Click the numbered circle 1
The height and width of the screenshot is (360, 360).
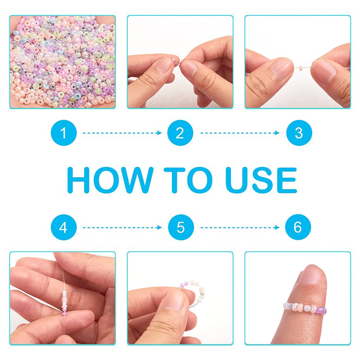(64, 133)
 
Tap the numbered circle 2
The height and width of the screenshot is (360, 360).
(180, 133)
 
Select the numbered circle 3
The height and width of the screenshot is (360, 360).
(299, 133)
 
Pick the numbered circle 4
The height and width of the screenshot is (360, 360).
(64, 227)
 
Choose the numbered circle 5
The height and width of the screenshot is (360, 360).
(181, 227)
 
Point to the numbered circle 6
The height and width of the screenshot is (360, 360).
(298, 227)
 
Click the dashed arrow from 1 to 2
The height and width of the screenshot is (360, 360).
(122, 133)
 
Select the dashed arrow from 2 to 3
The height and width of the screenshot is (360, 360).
(240, 133)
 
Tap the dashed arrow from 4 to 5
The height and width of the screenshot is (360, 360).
(122, 228)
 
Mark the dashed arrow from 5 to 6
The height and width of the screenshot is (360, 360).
(240, 228)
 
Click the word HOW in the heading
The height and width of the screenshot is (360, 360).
(110, 180)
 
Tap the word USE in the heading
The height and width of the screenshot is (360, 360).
(261, 180)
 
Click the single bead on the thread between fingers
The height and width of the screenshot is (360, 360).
(301, 68)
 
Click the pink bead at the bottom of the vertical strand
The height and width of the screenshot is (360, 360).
(64, 313)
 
